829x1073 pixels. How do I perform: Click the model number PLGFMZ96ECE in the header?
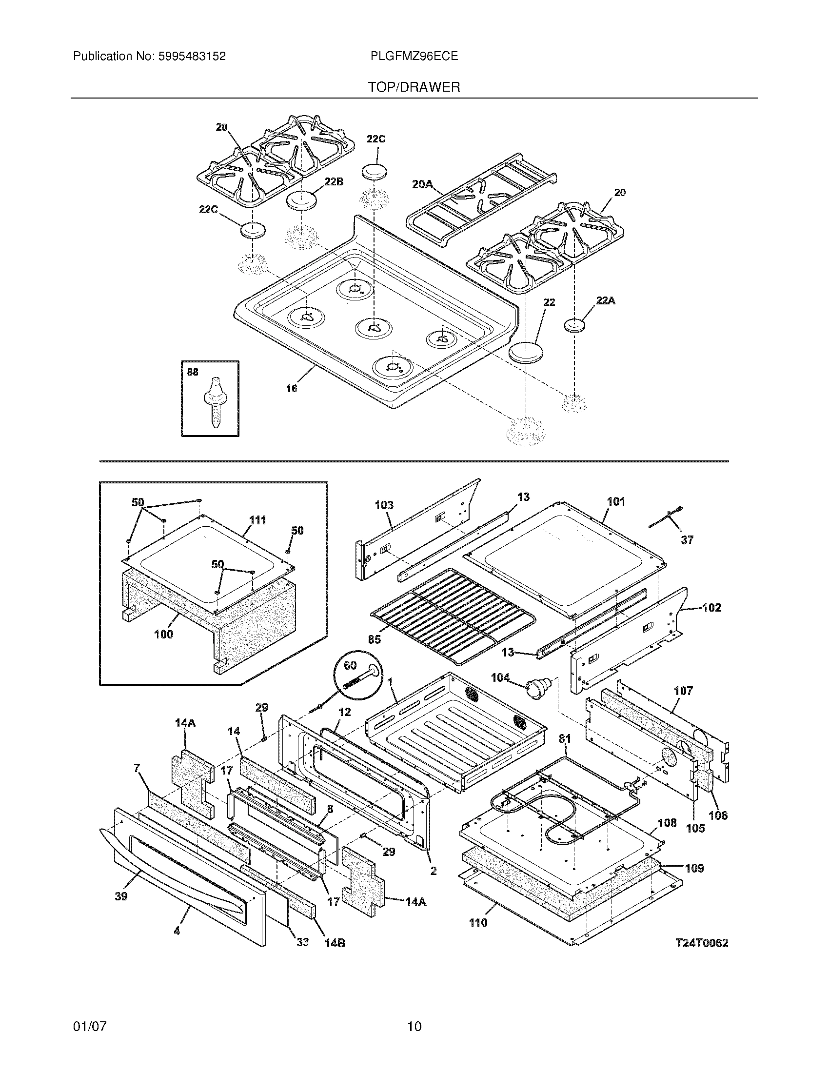[x=414, y=56]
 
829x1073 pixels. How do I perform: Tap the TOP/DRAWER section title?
[x=414, y=87]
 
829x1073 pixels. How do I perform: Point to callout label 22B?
[x=334, y=181]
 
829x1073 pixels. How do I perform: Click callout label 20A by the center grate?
[x=422, y=184]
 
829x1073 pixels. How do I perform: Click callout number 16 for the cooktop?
[x=292, y=388]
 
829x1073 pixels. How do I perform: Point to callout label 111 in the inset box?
[x=258, y=520]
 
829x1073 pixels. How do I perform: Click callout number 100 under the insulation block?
[x=163, y=634]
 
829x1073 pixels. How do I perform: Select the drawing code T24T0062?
[x=701, y=943]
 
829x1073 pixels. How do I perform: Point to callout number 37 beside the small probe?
[x=687, y=539]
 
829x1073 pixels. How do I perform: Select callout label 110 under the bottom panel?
[x=478, y=923]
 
